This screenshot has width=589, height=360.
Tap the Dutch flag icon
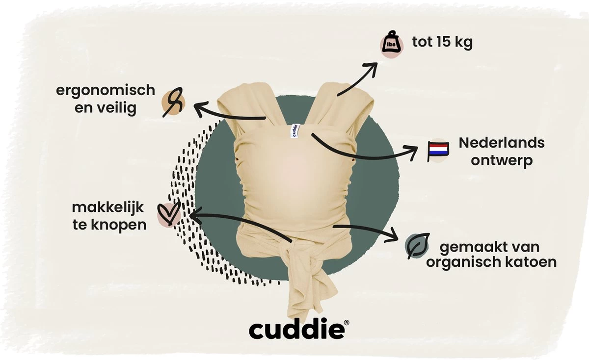[437, 151]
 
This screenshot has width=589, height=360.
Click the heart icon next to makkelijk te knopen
[168, 215]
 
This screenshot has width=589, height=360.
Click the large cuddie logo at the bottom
[296, 329]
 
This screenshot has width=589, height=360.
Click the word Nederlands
[502, 143]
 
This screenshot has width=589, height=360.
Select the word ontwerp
[502, 161]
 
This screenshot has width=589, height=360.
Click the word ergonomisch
[105, 90]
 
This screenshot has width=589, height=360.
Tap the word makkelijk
[107, 207]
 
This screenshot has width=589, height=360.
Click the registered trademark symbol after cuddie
[347, 322]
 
